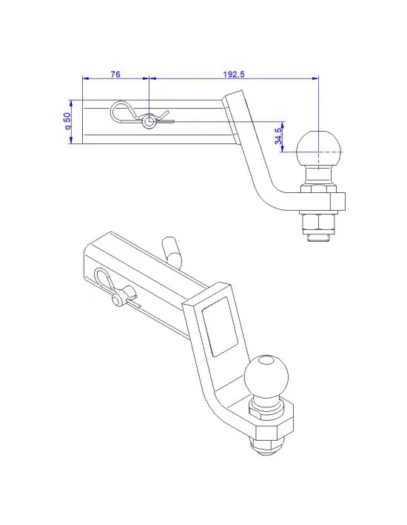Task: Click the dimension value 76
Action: (115, 74)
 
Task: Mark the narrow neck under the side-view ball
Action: (319, 175)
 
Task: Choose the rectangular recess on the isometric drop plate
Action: (221, 328)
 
